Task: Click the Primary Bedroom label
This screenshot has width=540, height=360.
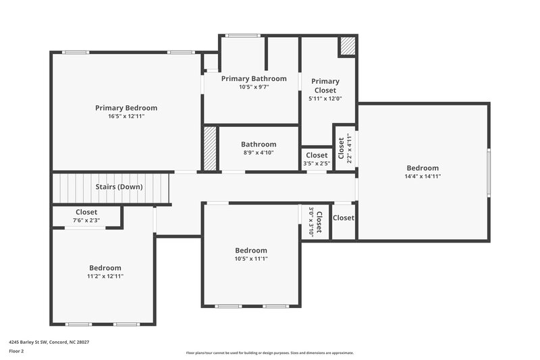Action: (126, 107)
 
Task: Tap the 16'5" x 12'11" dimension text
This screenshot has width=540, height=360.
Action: (126, 116)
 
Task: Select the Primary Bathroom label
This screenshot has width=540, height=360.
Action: (254, 78)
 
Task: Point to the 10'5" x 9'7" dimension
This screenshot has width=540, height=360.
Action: (254, 87)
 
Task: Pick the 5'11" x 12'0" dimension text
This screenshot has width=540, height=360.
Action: (325, 99)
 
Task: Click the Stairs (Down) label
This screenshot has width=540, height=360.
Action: (119, 186)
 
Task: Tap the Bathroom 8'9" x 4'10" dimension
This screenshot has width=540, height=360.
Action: (259, 153)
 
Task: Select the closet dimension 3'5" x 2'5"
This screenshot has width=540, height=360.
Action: (317, 163)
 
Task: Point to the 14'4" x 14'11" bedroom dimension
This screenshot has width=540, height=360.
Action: (423, 176)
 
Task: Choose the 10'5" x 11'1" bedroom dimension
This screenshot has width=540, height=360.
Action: (251, 259)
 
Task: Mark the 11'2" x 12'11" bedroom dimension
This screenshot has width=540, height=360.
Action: (105, 276)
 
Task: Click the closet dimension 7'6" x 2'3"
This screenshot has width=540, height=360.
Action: (86, 220)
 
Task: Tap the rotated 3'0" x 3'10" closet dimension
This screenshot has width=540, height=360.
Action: (311, 221)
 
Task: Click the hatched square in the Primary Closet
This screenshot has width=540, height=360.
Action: (347, 46)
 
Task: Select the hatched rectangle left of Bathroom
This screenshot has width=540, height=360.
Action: (209, 148)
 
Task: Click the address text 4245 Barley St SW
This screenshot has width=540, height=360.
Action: (49, 342)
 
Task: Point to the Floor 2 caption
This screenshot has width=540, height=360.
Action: (16, 351)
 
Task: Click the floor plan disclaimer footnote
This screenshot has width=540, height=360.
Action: (270, 353)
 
